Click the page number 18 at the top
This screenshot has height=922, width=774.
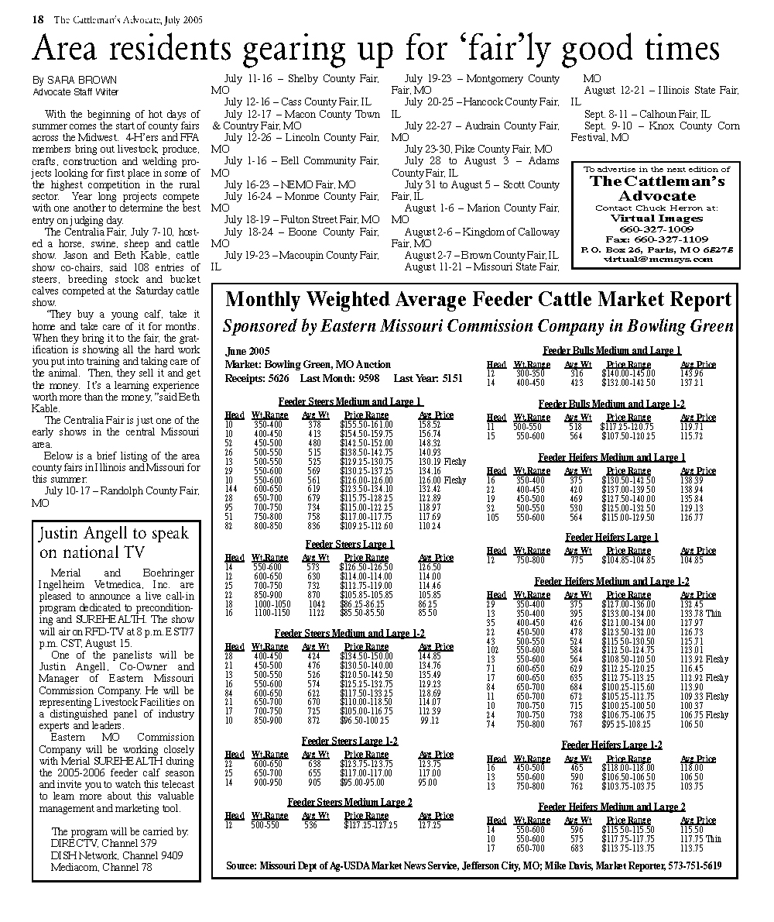coord(37,21)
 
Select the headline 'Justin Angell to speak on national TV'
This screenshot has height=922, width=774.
coord(114,542)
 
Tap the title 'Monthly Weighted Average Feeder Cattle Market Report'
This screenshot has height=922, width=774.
coord(478,300)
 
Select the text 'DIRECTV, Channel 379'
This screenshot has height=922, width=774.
coord(104,844)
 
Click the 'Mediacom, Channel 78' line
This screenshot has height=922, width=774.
coord(101,867)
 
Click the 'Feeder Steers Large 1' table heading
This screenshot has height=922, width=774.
coord(350,544)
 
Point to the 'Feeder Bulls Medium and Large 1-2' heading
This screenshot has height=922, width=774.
coord(611,404)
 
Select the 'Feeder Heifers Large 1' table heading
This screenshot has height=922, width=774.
coord(611,537)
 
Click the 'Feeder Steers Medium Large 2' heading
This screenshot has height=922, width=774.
coord(350,802)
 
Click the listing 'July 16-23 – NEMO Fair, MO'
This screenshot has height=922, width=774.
coord(290,185)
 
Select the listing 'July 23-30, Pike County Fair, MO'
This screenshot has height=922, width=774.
coord(478,150)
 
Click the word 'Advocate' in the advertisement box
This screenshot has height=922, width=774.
coord(656,196)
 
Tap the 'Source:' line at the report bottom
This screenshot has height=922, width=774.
coord(474,865)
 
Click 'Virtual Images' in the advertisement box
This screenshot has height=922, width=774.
coord(656,218)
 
